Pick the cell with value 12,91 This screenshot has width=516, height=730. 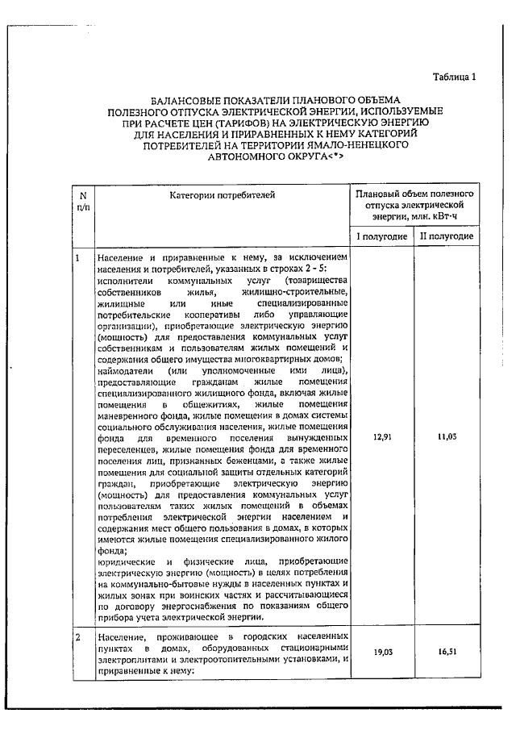382,436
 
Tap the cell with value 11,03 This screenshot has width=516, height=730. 446,436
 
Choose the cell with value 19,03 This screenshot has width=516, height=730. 382,657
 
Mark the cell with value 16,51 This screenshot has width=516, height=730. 446,657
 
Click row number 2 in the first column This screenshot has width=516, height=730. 77,637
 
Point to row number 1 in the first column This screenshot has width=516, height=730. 77,257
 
